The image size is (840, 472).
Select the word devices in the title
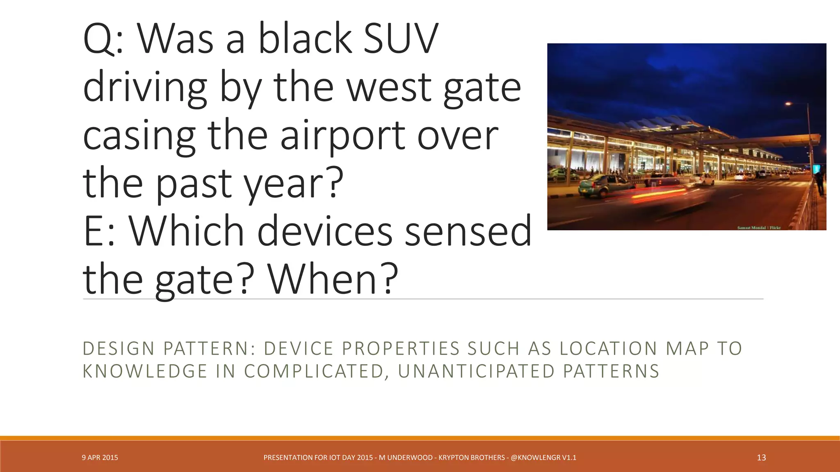pyautogui.click(x=324, y=231)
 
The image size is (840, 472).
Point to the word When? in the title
pyautogui.click(x=333, y=279)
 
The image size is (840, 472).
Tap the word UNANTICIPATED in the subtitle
pyautogui.click(x=476, y=371)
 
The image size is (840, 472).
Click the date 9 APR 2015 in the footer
pyautogui.click(x=100, y=458)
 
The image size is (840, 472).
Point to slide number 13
pyautogui.click(x=761, y=458)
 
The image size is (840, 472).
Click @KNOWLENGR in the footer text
pyautogui.click(x=535, y=458)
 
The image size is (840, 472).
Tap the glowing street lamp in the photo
pyautogui.click(x=788, y=104)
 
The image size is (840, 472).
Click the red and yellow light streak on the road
pyautogui.click(x=660, y=193)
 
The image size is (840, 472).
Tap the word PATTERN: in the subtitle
pyautogui.click(x=209, y=349)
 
